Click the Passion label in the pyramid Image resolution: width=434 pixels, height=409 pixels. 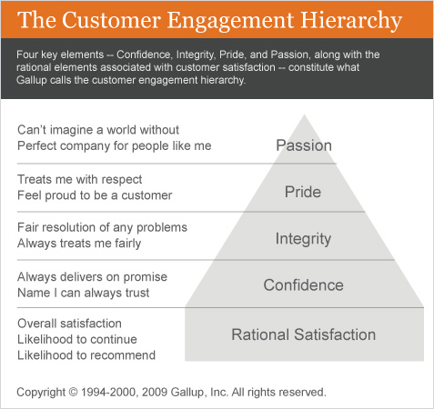pyautogui.click(x=304, y=145)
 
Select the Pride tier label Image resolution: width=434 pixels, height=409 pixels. pyautogui.click(x=303, y=192)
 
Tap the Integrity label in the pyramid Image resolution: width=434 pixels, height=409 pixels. pyautogui.click(x=303, y=239)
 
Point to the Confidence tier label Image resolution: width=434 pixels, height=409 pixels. pyautogui.click(x=303, y=285)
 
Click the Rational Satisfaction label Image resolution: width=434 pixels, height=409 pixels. pyautogui.click(x=304, y=334)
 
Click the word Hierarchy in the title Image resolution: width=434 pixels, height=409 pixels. pyautogui.click(x=351, y=20)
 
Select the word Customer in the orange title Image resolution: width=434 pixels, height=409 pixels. pyautogui.click(x=111, y=20)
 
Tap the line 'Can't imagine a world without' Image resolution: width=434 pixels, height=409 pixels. pyautogui.click(x=98, y=130)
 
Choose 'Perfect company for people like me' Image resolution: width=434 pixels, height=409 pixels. pyautogui.click(x=115, y=146)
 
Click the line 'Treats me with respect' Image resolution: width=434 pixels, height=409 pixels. pyautogui.click(x=80, y=179)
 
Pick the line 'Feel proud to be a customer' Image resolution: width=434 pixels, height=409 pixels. pyautogui.click(x=95, y=195)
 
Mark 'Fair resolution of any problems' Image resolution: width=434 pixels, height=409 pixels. pyautogui.click(x=103, y=227)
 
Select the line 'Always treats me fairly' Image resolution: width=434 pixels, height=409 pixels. pyautogui.click(x=79, y=244)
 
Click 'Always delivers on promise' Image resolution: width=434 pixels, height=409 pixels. pyautogui.click(x=93, y=277)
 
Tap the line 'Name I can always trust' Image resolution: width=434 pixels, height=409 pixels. pyautogui.click(x=84, y=293)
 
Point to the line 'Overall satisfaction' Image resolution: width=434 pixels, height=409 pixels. pyautogui.click(x=69, y=324)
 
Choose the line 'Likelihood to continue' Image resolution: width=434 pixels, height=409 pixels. pyautogui.click(x=77, y=339)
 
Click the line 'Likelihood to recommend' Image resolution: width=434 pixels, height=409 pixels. pyautogui.click(x=86, y=355)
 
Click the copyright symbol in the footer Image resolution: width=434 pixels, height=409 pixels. pyautogui.click(x=73, y=392)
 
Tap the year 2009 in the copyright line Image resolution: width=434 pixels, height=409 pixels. pyautogui.click(x=155, y=392)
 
